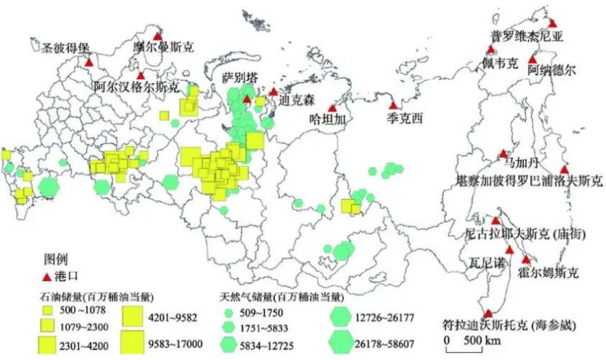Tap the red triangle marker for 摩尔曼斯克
(158, 37)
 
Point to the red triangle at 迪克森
(274, 92)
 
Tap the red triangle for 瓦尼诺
(509, 249)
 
